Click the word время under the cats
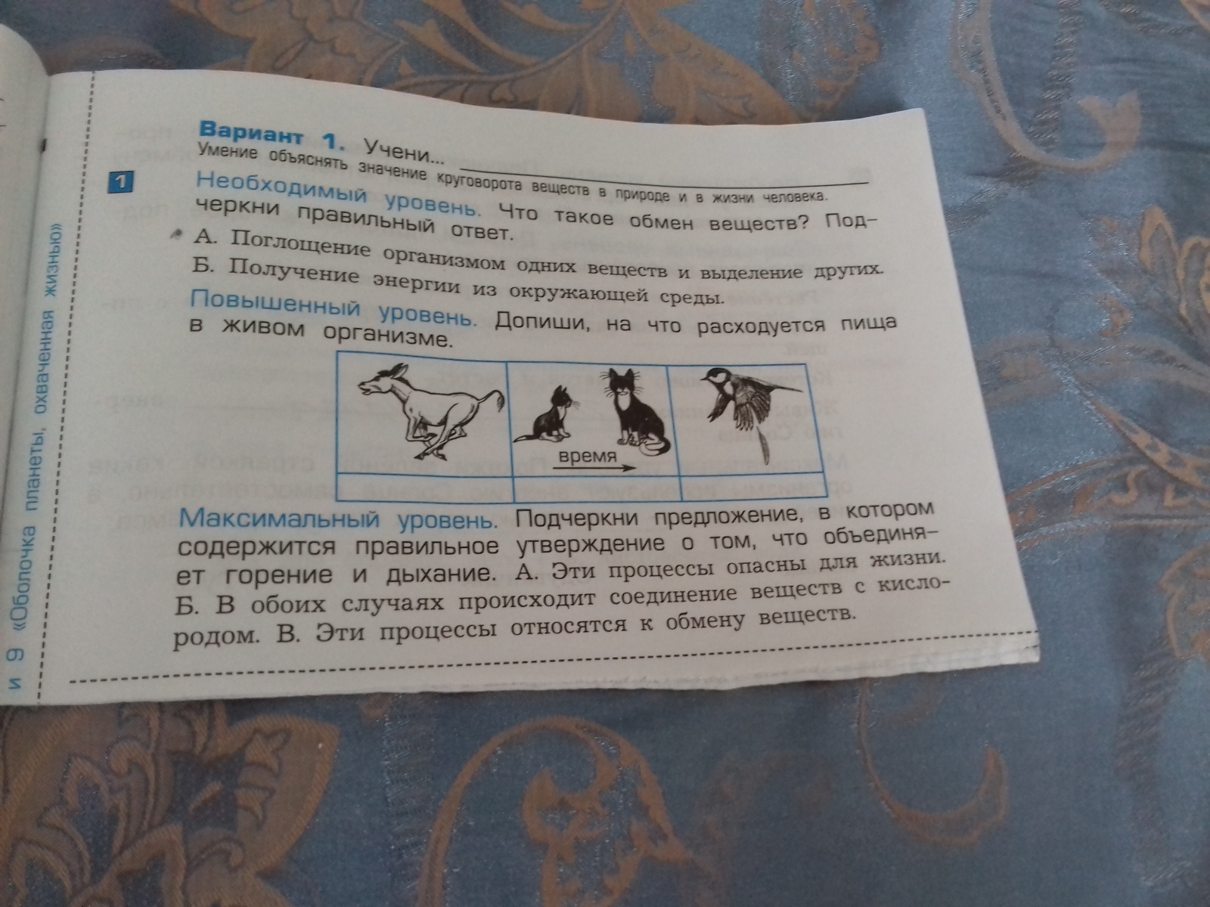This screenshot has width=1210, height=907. pos(587,457)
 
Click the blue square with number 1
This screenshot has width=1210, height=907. pos(121,182)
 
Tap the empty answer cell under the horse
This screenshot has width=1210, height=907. pos(424,486)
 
